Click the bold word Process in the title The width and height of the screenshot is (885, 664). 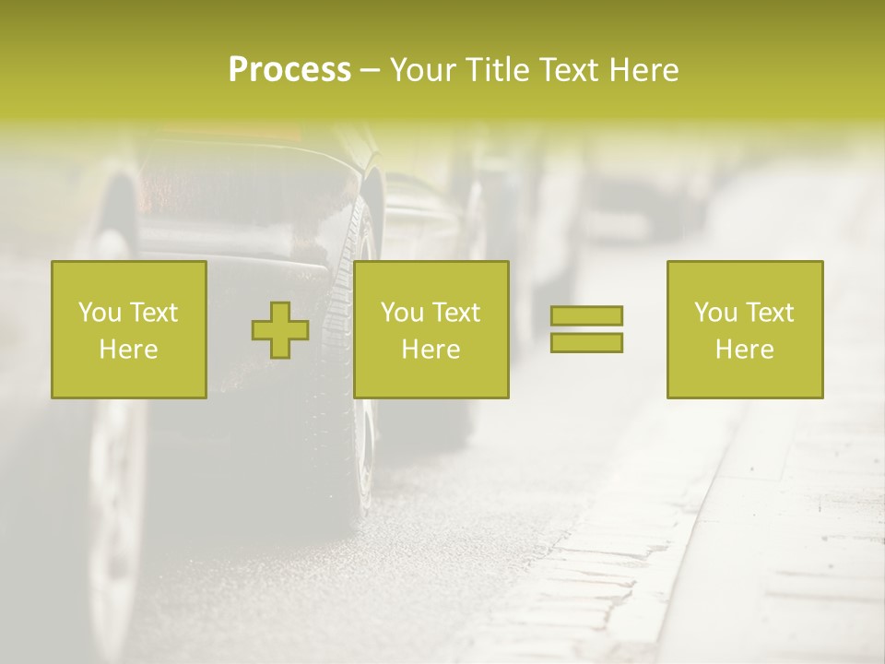289,70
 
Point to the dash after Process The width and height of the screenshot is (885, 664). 370,71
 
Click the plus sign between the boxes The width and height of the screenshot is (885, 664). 280,330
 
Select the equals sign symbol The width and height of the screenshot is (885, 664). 586,329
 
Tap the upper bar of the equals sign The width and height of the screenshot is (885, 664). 586,316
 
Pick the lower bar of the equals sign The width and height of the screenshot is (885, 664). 586,342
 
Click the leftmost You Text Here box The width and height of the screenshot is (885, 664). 129,329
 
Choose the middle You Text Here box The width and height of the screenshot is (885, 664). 431,329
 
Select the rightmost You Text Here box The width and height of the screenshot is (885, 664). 745,329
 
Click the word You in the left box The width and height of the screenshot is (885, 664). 100,313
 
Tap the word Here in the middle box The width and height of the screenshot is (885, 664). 431,350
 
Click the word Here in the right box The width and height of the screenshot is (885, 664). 745,350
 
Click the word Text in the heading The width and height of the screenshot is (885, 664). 567,70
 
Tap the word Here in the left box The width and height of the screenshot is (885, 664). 129,350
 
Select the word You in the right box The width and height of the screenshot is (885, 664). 715,313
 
